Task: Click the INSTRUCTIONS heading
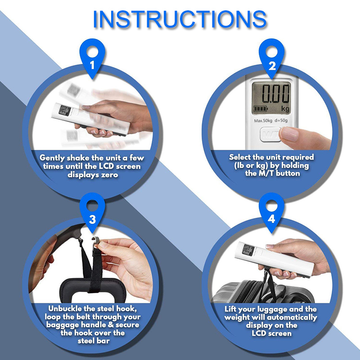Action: tap(180, 19)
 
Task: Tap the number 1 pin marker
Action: tap(92, 58)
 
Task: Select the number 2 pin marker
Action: tap(272, 58)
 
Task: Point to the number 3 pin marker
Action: tap(92, 212)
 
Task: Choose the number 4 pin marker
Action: tap(272, 212)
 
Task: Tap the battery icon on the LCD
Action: tap(261, 108)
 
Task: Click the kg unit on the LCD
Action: tap(285, 108)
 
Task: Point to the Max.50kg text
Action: tap(263, 121)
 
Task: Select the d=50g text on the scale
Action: tap(281, 121)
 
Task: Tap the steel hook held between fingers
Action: tap(95, 242)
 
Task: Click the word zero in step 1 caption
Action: tap(109, 175)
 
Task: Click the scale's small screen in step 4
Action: tap(248, 250)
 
